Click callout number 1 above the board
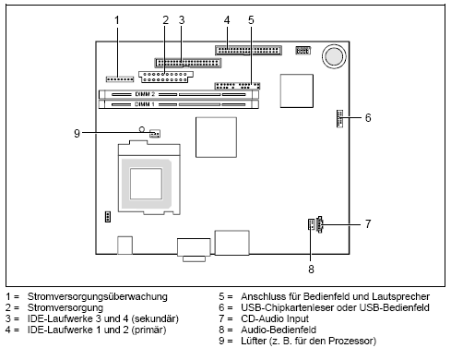tap(117, 19)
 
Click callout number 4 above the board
tap(227, 19)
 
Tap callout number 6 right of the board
tap(367, 118)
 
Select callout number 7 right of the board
tap(367, 223)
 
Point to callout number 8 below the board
tap(311, 270)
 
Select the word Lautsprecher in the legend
tap(386, 296)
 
